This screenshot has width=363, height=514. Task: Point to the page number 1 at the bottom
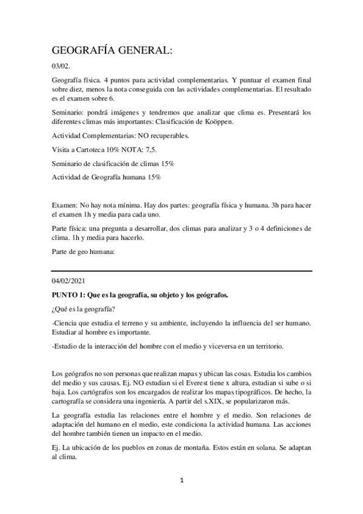click(x=182, y=496)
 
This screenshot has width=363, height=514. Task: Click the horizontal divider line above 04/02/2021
click(x=182, y=270)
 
